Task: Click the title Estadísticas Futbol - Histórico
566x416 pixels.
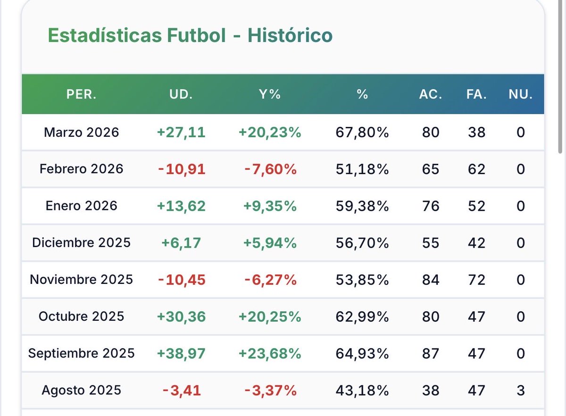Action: (190, 36)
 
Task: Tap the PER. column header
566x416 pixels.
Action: (81, 94)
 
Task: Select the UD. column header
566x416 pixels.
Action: (181, 94)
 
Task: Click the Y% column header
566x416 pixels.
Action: (270, 94)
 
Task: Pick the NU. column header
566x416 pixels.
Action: (520, 94)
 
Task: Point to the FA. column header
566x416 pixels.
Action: (476, 94)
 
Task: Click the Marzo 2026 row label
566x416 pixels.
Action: (81, 133)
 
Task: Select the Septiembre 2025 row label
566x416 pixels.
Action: (81, 353)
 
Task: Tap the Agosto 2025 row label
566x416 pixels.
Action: (81, 390)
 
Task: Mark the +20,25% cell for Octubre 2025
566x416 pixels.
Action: (270, 316)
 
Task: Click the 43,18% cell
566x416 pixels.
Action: (362, 390)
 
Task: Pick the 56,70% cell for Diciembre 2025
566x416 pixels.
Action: (362, 243)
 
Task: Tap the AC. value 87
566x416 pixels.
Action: (431, 353)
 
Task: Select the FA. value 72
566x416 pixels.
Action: (476, 280)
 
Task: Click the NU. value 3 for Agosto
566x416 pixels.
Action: (520, 390)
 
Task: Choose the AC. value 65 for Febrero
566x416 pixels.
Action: (431, 169)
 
